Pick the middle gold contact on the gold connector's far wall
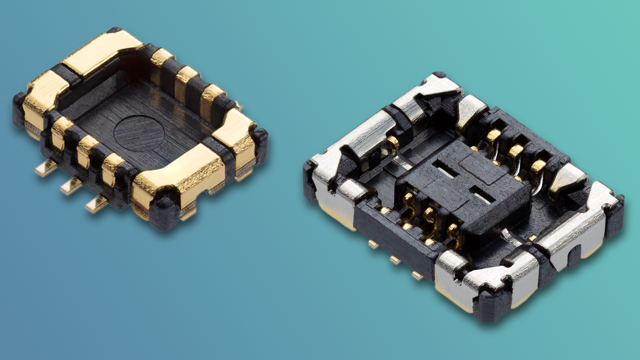(186, 80)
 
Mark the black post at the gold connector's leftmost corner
(19, 109)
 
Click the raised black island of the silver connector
(460, 184)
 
